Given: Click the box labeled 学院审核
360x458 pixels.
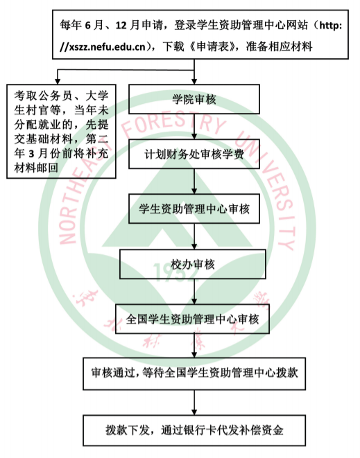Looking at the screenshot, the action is (194, 99).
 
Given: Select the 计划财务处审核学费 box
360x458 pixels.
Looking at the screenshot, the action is (194, 154).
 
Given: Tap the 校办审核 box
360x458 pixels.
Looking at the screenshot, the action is (193, 264).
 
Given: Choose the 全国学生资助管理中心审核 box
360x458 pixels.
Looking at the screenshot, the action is (192, 319).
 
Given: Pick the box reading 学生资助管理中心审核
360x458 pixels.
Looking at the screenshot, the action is (194, 209).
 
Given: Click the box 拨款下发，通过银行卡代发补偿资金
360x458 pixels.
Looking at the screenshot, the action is (194, 430).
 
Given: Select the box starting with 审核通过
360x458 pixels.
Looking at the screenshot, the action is (194, 373).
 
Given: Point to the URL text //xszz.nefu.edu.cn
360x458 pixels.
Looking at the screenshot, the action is (103, 46).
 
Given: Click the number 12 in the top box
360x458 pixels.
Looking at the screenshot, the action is (121, 26).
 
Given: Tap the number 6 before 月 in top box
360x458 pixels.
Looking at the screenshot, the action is (87, 26).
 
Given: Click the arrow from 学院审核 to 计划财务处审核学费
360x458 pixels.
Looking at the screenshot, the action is (194, 127).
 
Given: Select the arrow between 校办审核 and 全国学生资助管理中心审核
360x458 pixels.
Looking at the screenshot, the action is (194, 292).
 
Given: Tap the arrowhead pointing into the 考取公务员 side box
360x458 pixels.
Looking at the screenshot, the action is (58, 81).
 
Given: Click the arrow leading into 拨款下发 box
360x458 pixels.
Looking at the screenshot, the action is (194, 403).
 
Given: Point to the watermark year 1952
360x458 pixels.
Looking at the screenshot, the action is (175, 272).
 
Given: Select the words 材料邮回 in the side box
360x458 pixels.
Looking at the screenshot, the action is (36, 168).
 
